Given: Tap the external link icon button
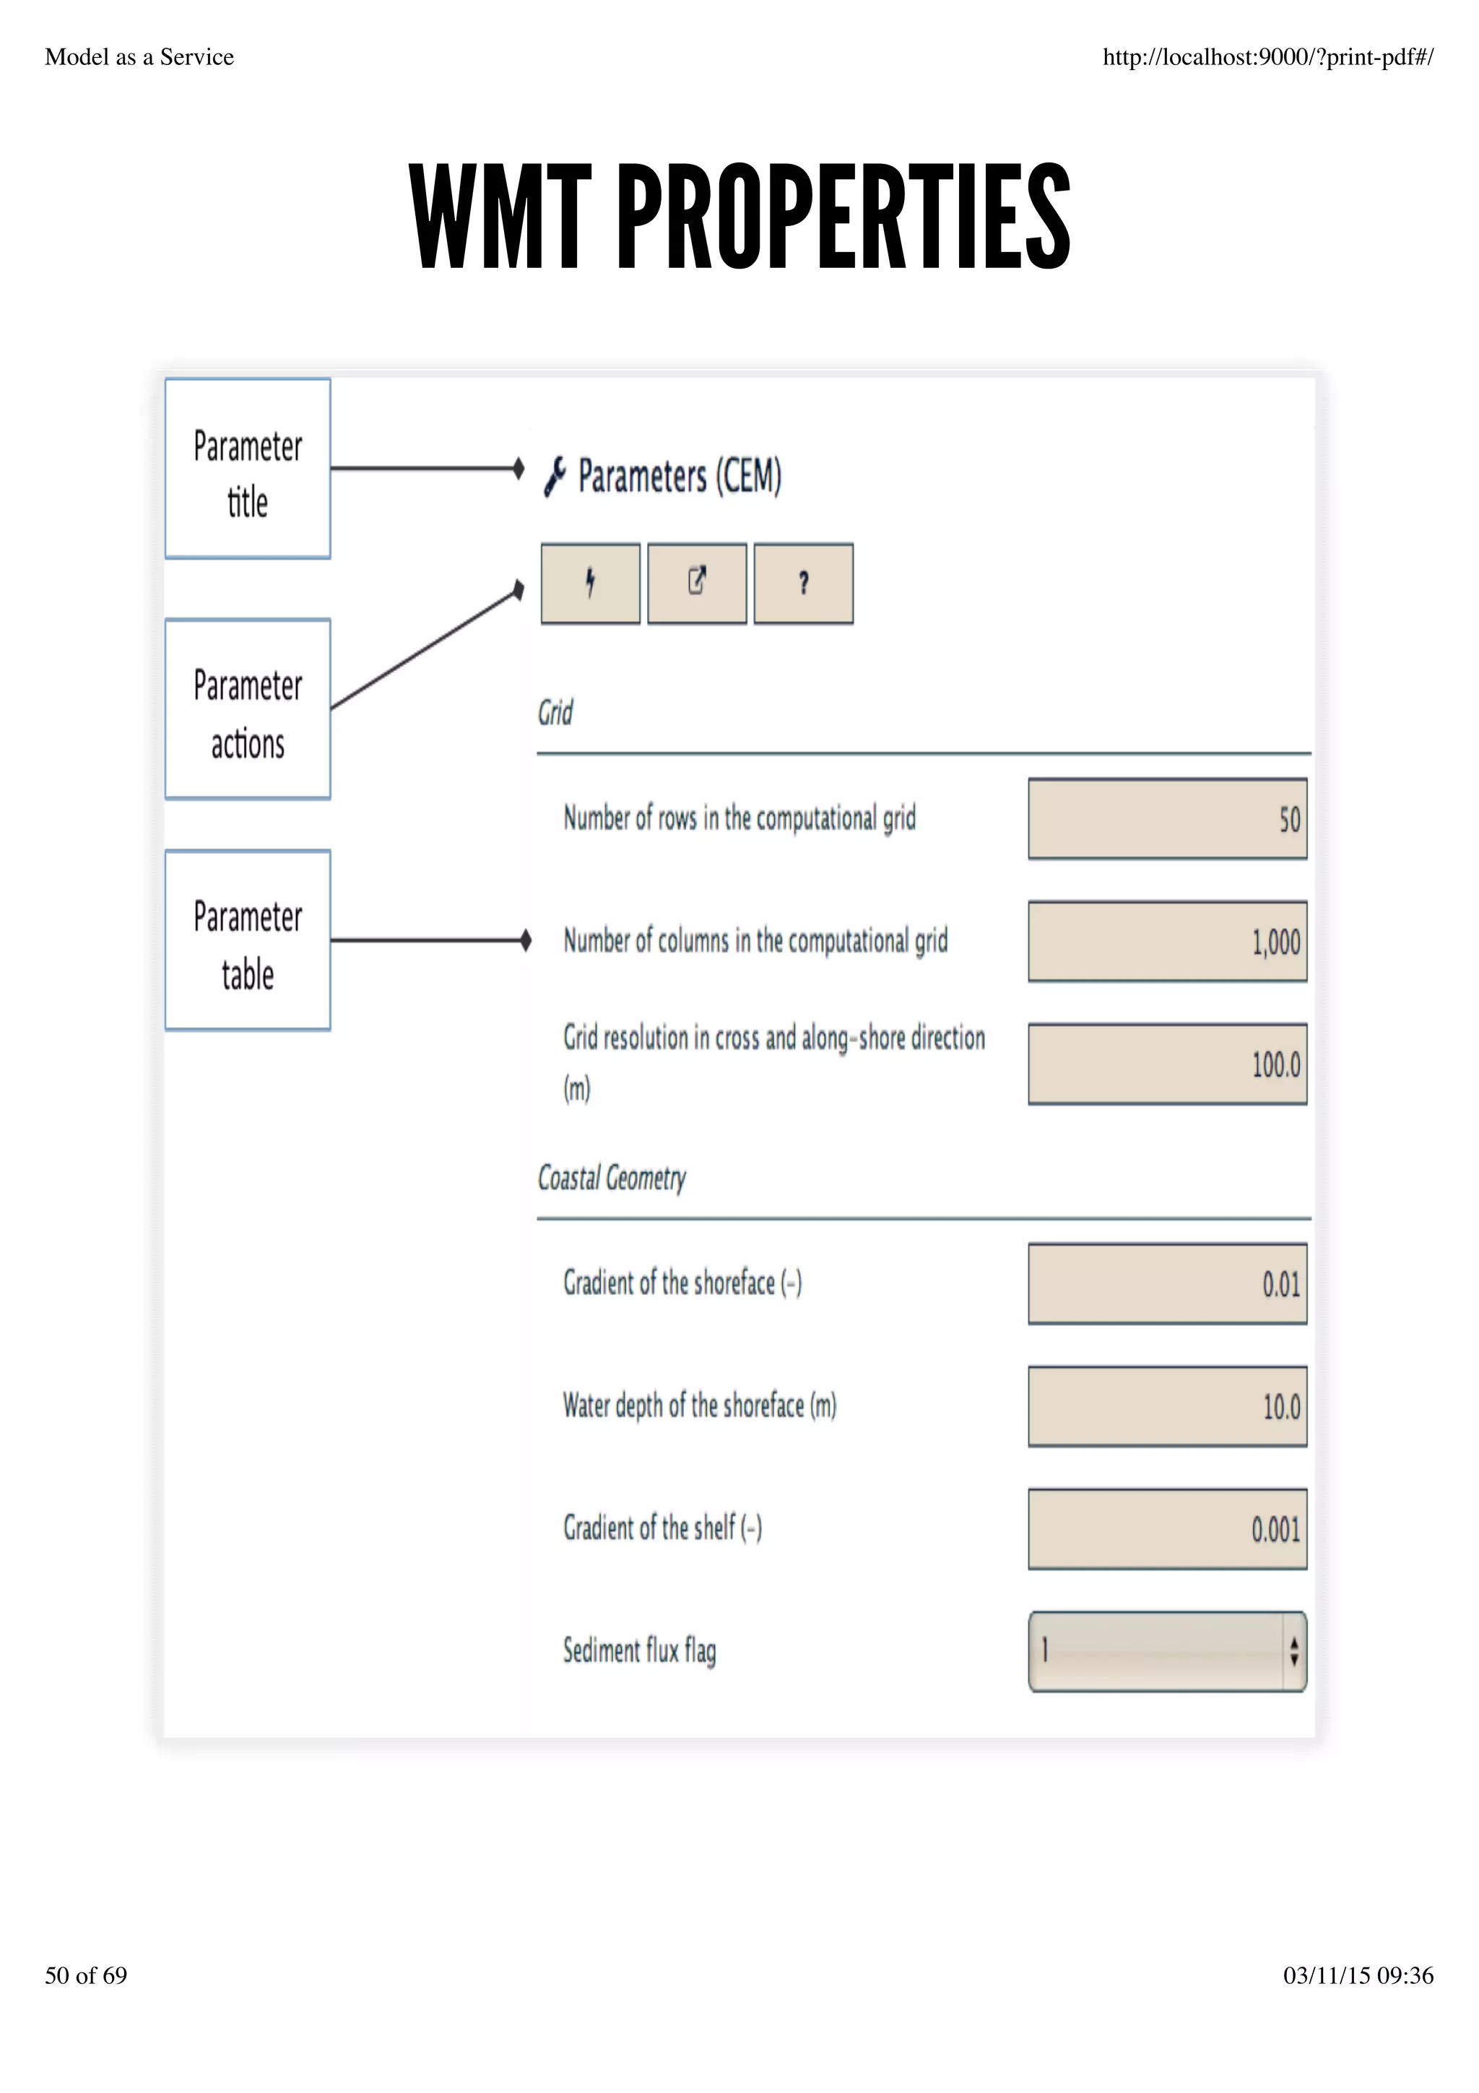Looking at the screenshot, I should coord(696,584).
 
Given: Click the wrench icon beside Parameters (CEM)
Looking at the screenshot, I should coord(554,477).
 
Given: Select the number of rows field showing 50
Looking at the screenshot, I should coord(1166,818).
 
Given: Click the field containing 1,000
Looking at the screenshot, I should coord(1166,942).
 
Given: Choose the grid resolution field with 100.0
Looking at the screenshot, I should coord(1166,1064).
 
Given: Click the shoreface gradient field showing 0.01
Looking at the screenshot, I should coord(1166,1283).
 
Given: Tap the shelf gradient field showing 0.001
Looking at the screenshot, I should coord(1166,1529).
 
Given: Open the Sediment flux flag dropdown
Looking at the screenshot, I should coord(1166,1651).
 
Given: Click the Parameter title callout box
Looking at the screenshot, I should coord(248,469).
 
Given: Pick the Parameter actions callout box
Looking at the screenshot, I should coord(248,709).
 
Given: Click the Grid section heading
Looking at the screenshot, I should coord(555,713).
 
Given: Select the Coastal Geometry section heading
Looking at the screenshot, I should coord(612,1178).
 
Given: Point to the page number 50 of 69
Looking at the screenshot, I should coord(86,1975).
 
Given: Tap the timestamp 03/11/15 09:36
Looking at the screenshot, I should coord(1358,1975).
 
